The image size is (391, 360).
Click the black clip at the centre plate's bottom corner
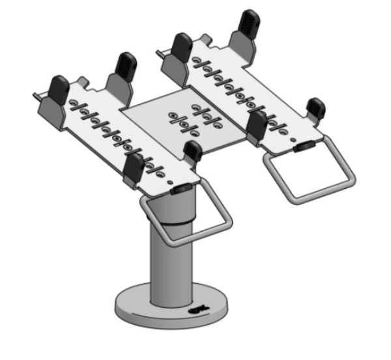click(192, 151)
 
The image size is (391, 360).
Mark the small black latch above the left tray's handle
click(181, 188)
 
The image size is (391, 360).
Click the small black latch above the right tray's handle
click(301, 147)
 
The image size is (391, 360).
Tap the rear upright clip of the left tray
click(125, 65)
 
